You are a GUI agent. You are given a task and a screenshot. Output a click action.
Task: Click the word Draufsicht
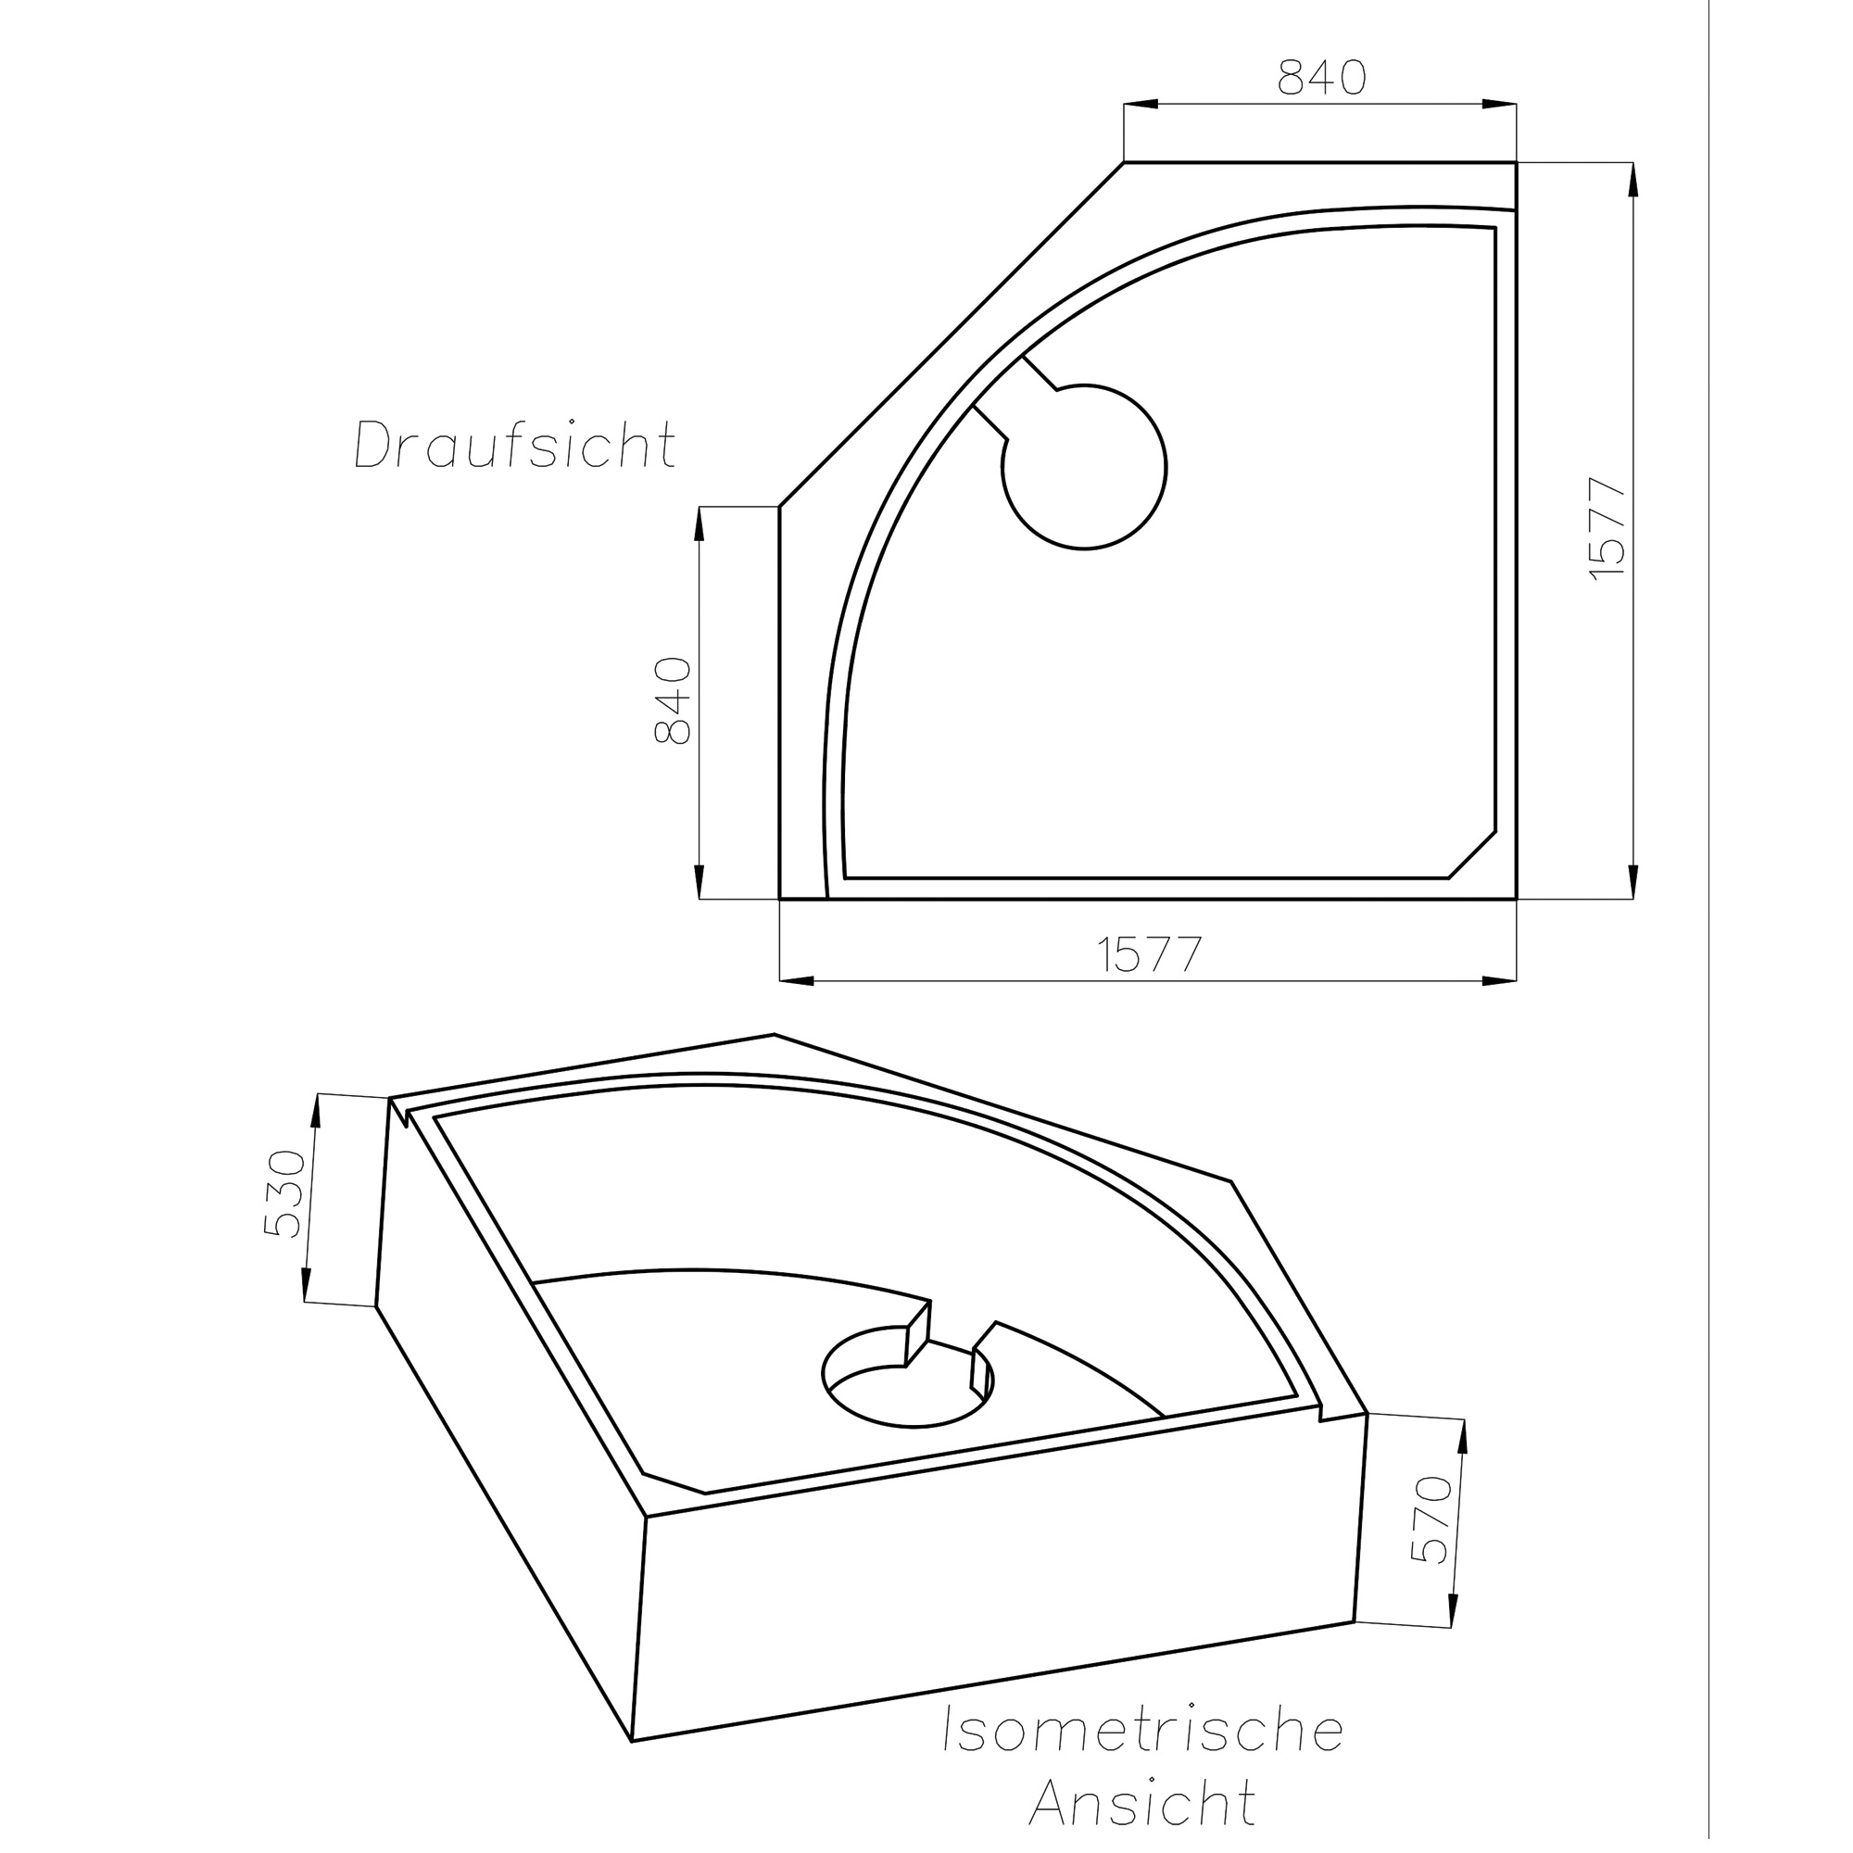[x=515, y=444]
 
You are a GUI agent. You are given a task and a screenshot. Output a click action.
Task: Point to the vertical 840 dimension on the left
[x=673, y=701]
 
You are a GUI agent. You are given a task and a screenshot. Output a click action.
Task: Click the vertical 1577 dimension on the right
[x=1607, y=528]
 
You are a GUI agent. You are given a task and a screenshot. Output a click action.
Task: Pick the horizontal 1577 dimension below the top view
[x=1149, y=954]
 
